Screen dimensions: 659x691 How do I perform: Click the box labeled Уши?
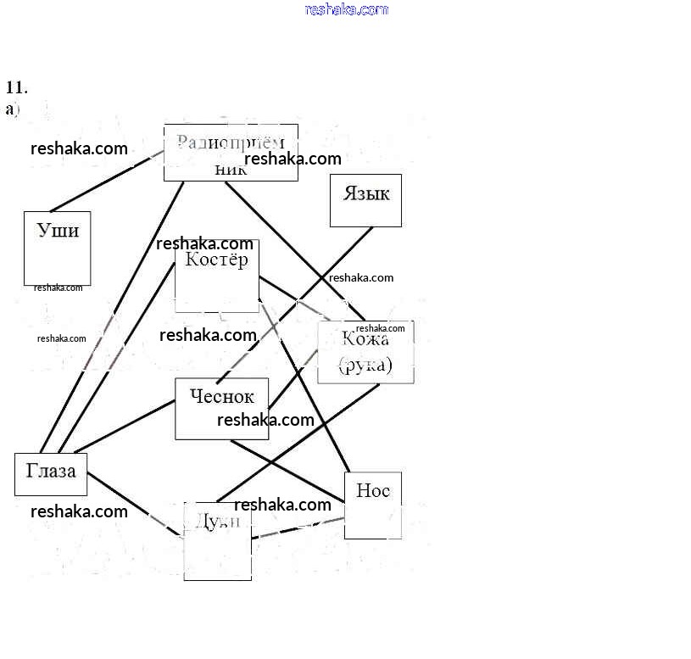coord(57,248)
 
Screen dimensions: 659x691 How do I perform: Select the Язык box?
coord(365,201)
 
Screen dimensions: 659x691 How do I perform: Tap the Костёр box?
coord(217,275)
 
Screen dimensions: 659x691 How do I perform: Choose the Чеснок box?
coord(221,408)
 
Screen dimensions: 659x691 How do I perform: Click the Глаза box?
coord(51,474)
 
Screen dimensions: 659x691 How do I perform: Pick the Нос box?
coord(372,505)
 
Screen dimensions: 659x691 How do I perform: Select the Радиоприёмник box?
coord(231,152)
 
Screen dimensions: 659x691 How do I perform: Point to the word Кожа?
coord(365,340)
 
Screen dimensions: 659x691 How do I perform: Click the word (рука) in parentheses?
coord(365,366)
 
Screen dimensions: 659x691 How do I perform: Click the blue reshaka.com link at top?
coord(346,9)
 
